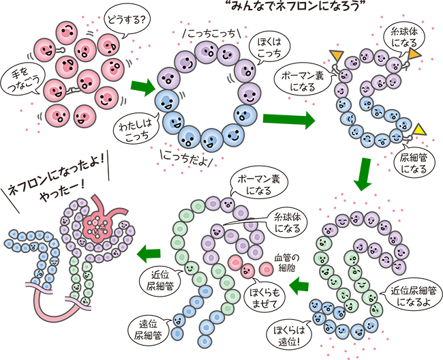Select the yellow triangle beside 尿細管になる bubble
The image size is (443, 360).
tap(421, 128)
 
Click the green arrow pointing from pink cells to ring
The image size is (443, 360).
tap(142, 87)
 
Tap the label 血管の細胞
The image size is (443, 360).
tap(286, 262)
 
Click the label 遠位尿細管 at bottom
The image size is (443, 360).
tap(147, 329)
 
